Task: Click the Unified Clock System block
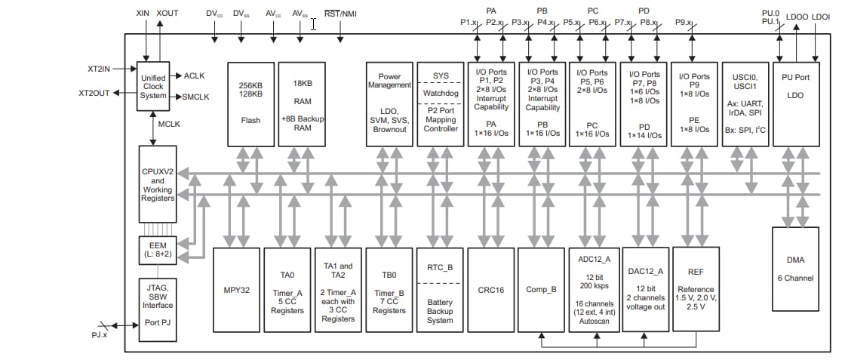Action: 153,86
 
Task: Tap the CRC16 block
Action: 490,289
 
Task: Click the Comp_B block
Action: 541,289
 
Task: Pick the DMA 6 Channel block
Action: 795,268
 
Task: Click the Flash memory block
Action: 250,104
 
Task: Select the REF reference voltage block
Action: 695,289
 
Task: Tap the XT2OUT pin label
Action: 94,94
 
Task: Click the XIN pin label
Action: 143,14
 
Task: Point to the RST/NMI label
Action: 340,14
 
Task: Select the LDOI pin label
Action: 821,16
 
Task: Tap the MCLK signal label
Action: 169,124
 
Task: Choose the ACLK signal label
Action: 194,75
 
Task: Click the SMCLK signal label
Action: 195,97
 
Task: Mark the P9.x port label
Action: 685,23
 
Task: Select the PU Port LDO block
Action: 795,104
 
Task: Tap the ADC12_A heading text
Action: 592,259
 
